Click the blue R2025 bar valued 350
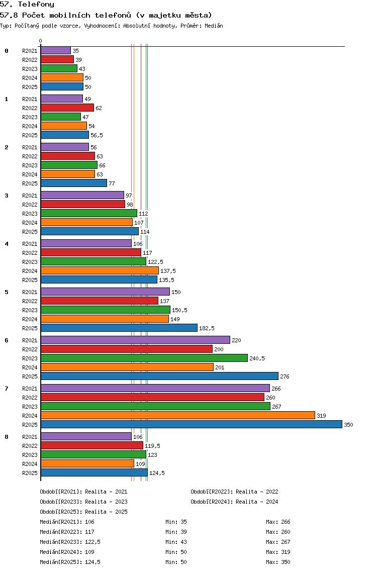point(192,424)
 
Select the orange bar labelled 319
point(178,415)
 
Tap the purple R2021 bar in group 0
point(56,51)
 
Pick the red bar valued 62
point(67,108)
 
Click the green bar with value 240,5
point(144,358)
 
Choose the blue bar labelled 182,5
point(119,328)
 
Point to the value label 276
point(285,376)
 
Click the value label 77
point(112,183)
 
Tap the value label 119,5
point(153,446)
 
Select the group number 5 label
point(7,292)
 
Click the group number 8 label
point(7,437)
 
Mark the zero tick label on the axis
point(40,41)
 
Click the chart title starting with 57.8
point(106,15)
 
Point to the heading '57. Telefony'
point(27,4)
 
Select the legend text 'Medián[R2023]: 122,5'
point(70,542)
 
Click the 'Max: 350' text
point(278,562)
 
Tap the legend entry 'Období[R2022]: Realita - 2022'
point(234,492)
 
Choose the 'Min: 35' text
point(176,522)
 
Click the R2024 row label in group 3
point(30,223)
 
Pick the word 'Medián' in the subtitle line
point(214,26)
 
